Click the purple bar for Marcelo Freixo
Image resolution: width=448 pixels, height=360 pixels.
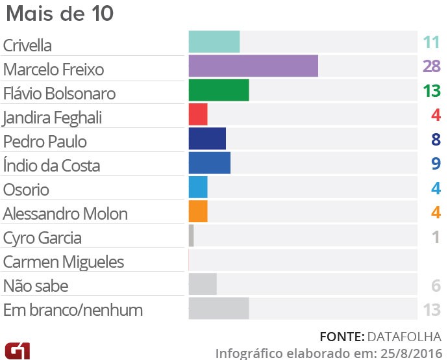click(x=253, y=66)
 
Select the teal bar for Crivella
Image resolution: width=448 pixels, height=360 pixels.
click(x=214, y=42)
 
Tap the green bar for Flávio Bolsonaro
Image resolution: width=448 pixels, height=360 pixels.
click(x=219, y=90)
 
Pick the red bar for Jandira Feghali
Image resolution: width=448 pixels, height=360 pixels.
click(x=198, y=114)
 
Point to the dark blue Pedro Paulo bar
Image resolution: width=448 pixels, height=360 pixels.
click(x=207, y=138)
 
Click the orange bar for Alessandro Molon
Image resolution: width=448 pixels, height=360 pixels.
click(x=198, y=211)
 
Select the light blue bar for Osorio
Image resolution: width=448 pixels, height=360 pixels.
click(x=198, y=187)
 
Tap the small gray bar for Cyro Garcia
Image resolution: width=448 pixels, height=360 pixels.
click(x=192, y=235)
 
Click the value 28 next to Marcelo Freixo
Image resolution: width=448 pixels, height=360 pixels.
click(x=431, y=66)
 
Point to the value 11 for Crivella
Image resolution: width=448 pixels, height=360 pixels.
click(x=432, y=43)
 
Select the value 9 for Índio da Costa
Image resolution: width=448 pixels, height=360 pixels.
click(x=436, y=163)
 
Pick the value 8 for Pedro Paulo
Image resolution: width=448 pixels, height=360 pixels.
click(x=436, y=139)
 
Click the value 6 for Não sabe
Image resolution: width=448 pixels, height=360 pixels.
click(x=436, y=286)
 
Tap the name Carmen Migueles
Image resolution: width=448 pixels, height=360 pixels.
click(x=64, y=262)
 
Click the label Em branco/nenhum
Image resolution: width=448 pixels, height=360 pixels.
click(x=73, y=310)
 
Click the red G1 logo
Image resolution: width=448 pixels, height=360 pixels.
click(x=17, y=350)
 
